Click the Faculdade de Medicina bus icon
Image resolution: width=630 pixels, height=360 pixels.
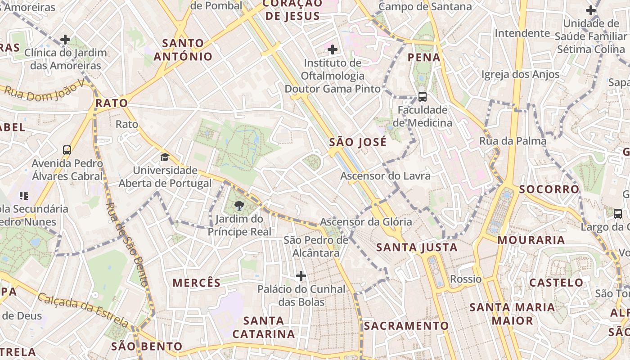(422, 96)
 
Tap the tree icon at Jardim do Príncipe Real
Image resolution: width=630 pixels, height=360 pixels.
(239, 206)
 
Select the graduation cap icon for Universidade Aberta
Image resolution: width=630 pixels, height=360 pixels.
(165, 157)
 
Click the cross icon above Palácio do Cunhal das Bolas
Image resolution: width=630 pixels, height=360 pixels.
(301, 275)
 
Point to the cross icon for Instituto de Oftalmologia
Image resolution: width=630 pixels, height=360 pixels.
(333, 49)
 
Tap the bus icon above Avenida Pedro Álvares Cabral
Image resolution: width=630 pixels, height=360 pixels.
(67, 150)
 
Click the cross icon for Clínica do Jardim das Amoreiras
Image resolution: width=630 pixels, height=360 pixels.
(65, 40)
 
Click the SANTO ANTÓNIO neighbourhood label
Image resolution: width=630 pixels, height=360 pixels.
(183, 50)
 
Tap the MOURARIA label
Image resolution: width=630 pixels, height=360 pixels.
(531, 240)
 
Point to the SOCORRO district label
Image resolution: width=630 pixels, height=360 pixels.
(549, 189)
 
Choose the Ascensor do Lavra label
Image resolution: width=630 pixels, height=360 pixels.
(385, 176)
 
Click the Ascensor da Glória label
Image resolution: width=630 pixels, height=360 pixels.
(366, 222)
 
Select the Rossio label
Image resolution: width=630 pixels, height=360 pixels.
(466, 279)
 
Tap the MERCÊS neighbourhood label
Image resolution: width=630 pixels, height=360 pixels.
(197, 283)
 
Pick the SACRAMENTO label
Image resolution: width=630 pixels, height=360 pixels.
(406, 326)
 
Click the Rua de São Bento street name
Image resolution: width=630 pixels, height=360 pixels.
(126, 244)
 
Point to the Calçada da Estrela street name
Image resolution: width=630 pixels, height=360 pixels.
(83, 310)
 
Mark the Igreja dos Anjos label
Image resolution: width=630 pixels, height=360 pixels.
(521, 75)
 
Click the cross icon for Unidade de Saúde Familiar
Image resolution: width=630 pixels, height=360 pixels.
(591, 10)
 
